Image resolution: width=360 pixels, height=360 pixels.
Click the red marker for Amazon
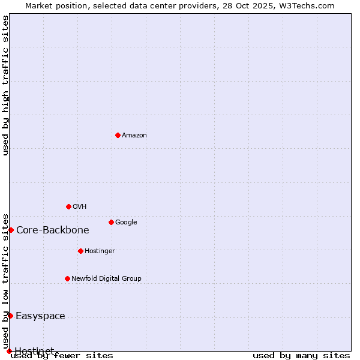[x=118, y=135]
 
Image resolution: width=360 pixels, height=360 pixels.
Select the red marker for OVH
[x=68, y=206]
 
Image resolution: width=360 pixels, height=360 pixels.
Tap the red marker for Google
[x=111, y=222]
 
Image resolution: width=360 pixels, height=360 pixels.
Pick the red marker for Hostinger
[x=80, y=251]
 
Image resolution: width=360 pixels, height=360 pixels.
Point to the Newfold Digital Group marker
[x=67, y=278]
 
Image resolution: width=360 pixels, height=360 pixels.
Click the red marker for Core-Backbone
[x=11, y=230]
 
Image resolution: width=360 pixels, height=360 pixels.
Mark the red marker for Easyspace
[x=10, y=316]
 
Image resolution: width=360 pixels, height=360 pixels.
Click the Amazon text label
[x=134, y=136]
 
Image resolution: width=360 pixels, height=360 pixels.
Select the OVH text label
[x=80, y=207]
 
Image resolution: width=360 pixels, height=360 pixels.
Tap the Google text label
[x=126, y=223]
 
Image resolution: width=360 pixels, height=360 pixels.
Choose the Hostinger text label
[x=100, y=251]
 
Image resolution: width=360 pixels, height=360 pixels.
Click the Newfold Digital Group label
[x=106, y=279]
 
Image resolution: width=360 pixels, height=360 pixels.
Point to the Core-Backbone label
[x=53, y=230]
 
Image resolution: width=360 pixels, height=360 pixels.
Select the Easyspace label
[x=40, y=316]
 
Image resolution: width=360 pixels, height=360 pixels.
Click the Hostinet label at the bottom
[x=34, y=350]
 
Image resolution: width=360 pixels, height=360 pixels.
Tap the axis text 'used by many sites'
[x=301, y=356]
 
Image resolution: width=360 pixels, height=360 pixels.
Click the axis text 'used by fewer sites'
[x=62, y=356]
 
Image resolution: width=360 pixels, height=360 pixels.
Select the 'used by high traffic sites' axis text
[x=5, y=85]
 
